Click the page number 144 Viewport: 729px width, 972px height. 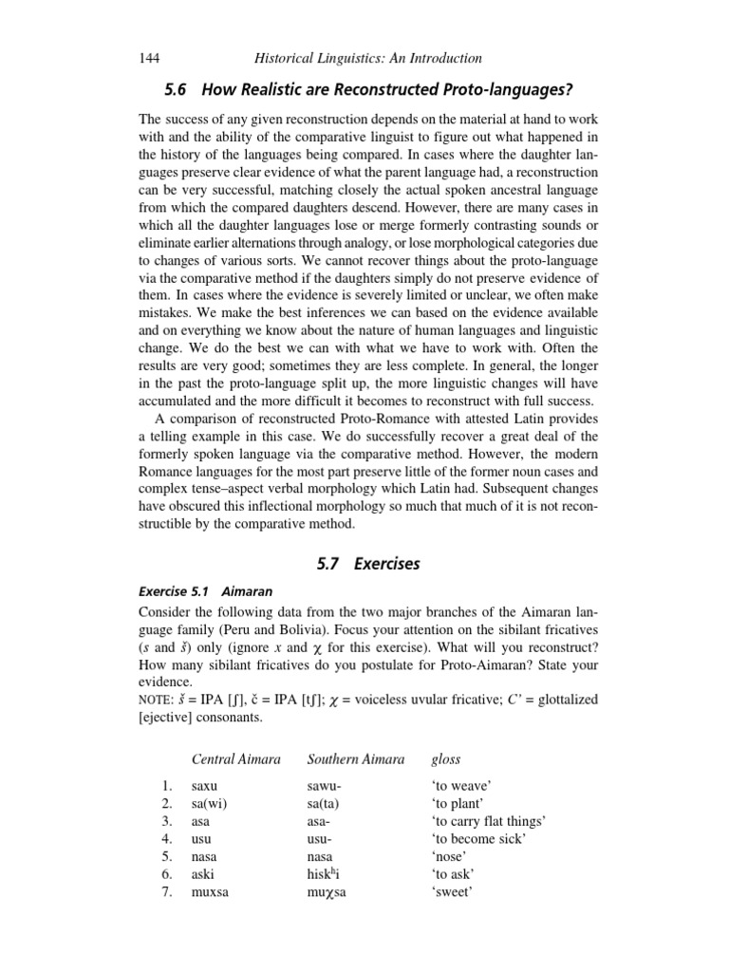[150, 58]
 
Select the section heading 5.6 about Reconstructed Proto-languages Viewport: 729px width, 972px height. [369, 89]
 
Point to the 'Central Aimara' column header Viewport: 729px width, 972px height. [236, 759]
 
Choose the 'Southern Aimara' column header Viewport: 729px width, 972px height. [356, 759]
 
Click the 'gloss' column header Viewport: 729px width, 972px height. [446, 759]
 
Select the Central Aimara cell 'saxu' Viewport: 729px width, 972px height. [205, 786]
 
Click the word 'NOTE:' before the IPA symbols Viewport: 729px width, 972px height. [159, 700]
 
